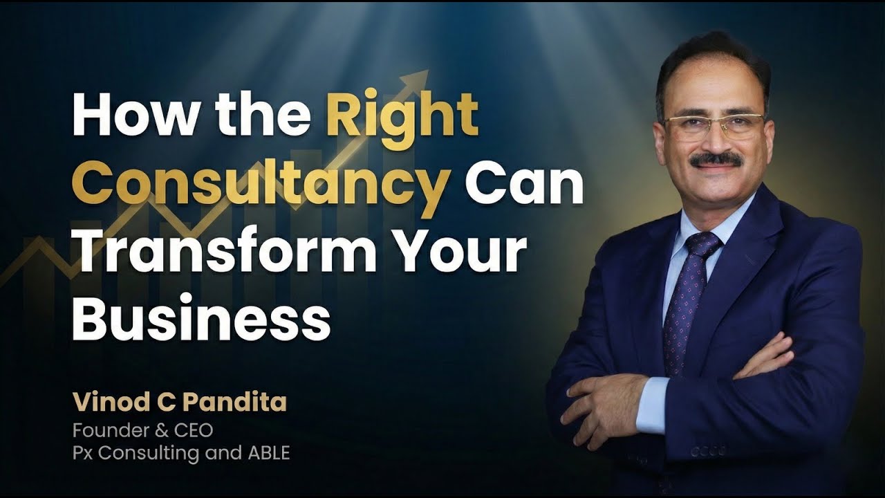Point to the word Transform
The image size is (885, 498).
[225, 250]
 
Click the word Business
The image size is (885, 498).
[201, 317]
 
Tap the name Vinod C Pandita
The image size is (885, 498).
[179, 402]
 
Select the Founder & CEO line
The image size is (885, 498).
[142, 430]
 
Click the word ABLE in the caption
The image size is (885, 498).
[269, 453]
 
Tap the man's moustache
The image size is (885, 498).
[716, 160]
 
